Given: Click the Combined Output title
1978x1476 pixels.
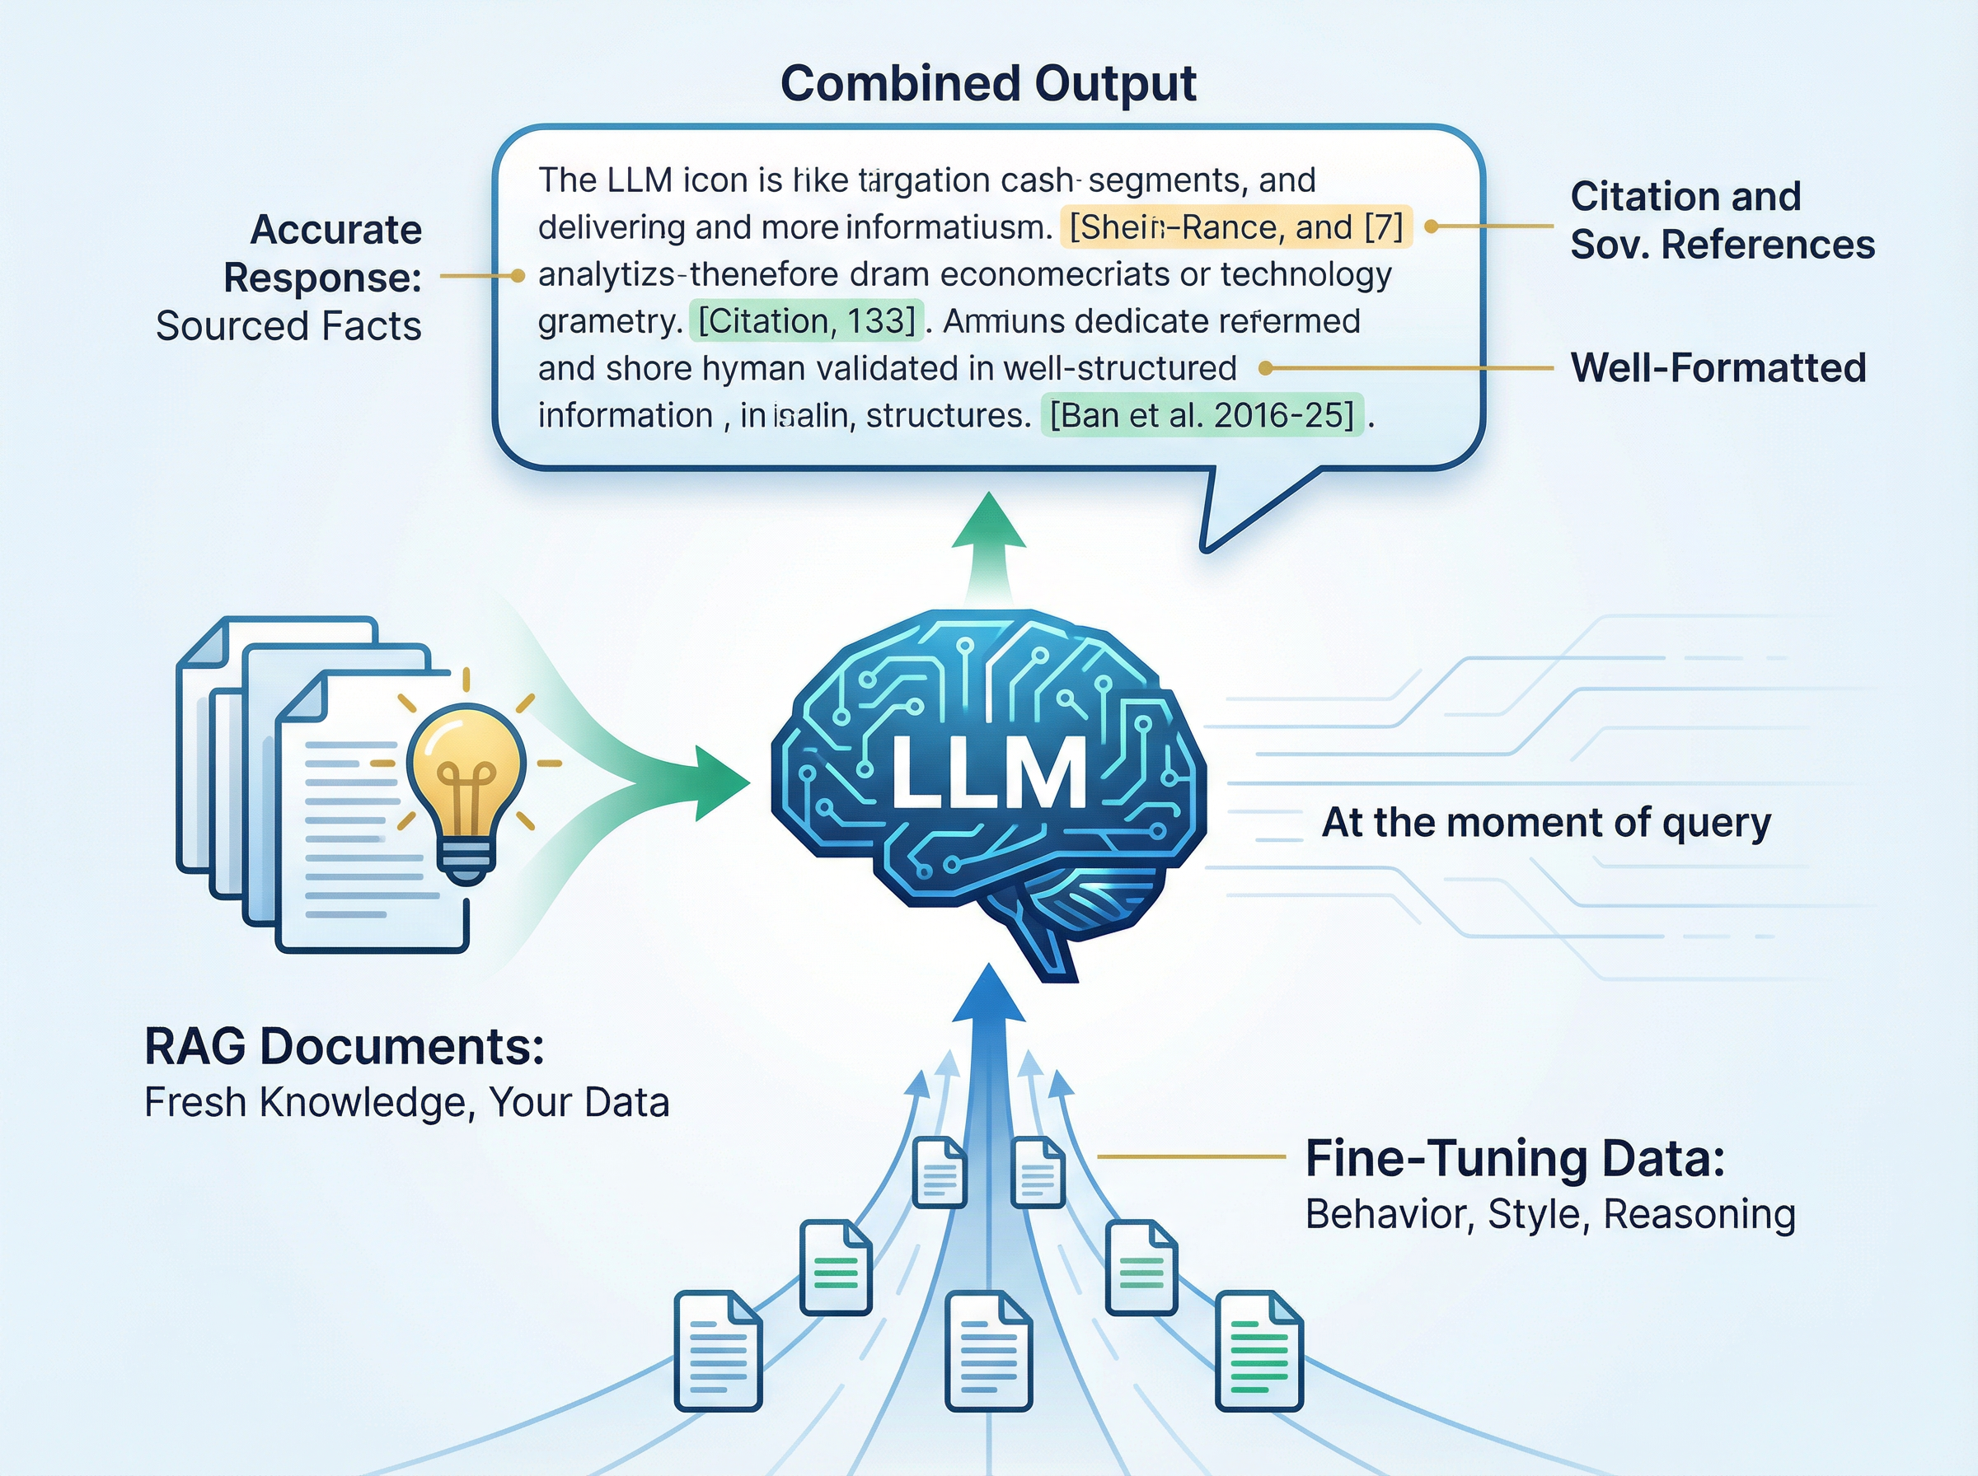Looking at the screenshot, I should [x=987, y=84].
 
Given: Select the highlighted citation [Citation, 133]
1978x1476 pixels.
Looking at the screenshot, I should [x=806, y=320].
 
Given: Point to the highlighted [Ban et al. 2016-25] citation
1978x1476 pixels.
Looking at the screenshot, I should [x=1202, y=414].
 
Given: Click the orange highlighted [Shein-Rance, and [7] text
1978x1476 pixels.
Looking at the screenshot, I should [x=1235, y=227].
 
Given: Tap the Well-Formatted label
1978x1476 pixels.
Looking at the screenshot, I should [x=1718, y=367].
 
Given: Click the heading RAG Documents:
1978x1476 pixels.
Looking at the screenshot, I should [x=345, y=1046].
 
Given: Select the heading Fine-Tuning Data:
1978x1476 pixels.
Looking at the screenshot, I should [x=1515, y=1158].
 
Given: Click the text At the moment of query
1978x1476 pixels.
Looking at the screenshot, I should [x=1545, y=822].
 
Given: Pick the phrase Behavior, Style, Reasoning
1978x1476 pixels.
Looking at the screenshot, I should [x=1550, y=1214].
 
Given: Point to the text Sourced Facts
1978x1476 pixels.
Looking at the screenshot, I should [x=288, y=326].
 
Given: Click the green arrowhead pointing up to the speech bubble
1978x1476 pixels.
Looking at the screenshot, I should [x=988, y=525].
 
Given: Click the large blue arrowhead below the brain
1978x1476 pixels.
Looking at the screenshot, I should [x=988, y=996].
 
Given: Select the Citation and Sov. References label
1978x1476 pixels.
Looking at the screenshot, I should [x=1721, y=220].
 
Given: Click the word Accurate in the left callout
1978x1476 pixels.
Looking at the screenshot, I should [x=335, y=230].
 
